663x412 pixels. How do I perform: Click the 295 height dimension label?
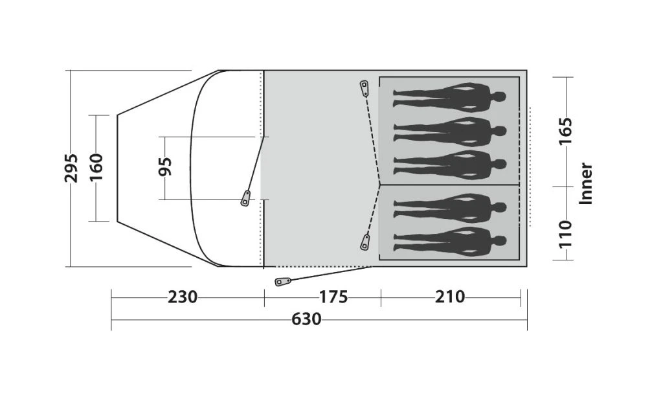pyautogui.click(x=72, y=168)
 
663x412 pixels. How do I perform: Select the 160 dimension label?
pyautogui.click(x=96, y=168)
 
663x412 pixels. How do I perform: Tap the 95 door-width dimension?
pyautogui.click(x=166, y=167)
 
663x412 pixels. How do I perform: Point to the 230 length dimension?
pyautogui.click(x=183, y=297)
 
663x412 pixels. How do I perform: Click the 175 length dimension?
pyautogui.click(x=333, y=297)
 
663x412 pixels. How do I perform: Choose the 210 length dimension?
pyautogui.click(x=450, y=297)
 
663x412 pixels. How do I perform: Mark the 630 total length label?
pyautogui.click(x=306, y=319)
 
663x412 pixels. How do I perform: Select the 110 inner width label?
pyautogui.click(x=566, y=234)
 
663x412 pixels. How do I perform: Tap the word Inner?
pyautogui.click(x=586, y=183)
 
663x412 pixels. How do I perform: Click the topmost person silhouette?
pyautogui.click(x=449, y=98)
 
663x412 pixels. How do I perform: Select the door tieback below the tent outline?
pyautogui.click(x=283, y=282)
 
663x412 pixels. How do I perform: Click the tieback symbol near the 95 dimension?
pyautogui.click(x=245, y=198)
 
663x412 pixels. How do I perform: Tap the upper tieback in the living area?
pyautogui.click(x=365, y=87)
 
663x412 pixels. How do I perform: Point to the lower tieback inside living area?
pyautogui.click(x=365, y=243)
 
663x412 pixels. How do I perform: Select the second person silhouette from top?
pyautogui.click(x=449, y=132)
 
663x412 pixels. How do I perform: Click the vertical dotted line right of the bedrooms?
pyautogui.click(x=530, y=166)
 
